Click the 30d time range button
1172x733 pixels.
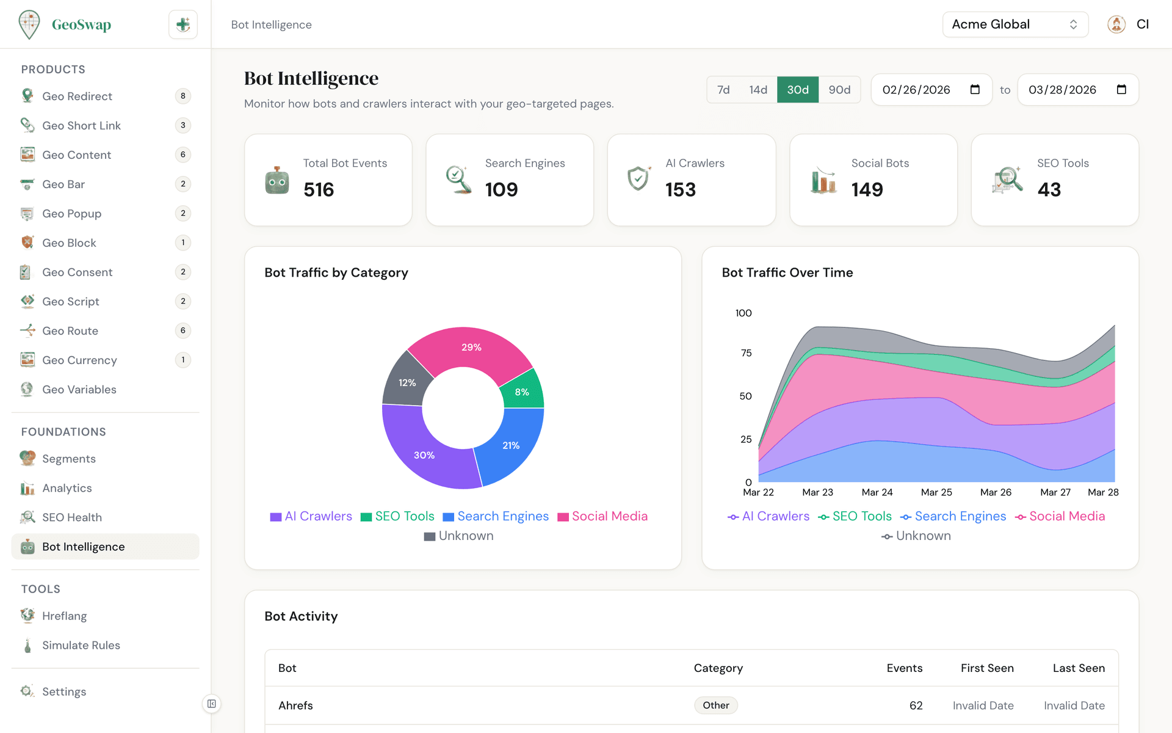[797, 90]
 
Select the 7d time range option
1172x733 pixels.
[723, 90]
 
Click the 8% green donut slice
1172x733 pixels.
[522, 392]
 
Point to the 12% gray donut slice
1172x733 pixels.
[407, 382]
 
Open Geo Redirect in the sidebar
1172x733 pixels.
[77, 96]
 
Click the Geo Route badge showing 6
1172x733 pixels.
[183, 330]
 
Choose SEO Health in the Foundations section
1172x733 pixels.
[71, 517]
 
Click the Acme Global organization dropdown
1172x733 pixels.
[1015, 24]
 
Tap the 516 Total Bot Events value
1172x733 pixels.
[319, 189]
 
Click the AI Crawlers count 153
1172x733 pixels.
[680, 189]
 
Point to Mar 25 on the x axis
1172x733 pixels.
[936, 492]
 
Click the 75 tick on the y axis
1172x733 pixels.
[746, 353]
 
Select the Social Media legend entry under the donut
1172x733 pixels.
[602, 516]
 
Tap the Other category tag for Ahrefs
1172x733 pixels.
[715, 706]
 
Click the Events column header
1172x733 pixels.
[904, 668]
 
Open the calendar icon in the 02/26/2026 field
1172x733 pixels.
[975, 90]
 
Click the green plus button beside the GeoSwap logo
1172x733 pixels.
[183, 24]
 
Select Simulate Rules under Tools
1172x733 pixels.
[81, 646]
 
